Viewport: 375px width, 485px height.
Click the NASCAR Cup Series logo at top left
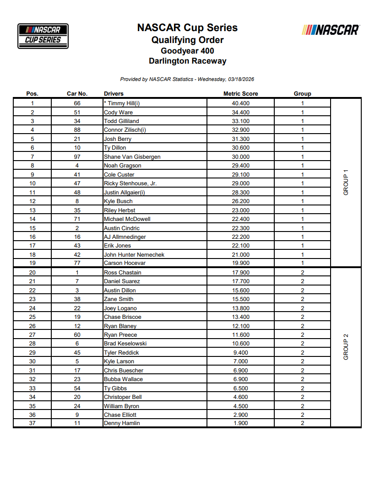pyautogui.click(x=43, y=36)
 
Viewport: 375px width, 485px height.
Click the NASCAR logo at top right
pyautogui.click(x=331, y=30)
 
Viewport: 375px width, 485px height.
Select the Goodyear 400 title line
pyautogui.click(x=187, y=51)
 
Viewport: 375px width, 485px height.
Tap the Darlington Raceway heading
pyautogui.click(x=187, y=61)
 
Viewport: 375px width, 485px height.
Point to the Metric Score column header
pyautogui.click(x=240, y=94)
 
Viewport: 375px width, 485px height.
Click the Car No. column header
pyautogui.click(x=77, y=94)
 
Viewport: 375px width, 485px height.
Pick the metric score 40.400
pyautogui.click(x=240, y=103)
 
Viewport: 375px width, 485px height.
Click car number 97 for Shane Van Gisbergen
pyautogui.click(x=77, y=157)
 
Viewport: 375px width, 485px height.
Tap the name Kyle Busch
pyautogui.click(x=118, y=201)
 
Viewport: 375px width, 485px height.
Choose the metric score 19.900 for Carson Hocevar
pyautogui.click(x=240, y=264)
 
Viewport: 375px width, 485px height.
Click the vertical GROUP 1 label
pyautogui.click(x=346, y=183)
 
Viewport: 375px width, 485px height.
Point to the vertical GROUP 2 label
pyautogui.click(x=346, y=347)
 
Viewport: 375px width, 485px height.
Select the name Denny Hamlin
pyautogui.click(x=122, y=423)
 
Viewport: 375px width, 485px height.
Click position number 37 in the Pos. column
pyautogui.click(x=32, y=423)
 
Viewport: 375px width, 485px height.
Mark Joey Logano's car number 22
pyautogui.click(x=77, y=308)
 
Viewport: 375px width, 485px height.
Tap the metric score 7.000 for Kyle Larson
pyautogui.click(x=240, y=361)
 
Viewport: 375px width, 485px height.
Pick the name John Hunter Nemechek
pyautogui.click(x=134, y=255)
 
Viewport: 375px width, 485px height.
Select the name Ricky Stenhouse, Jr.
pyautogui.click(x=130, y=183)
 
